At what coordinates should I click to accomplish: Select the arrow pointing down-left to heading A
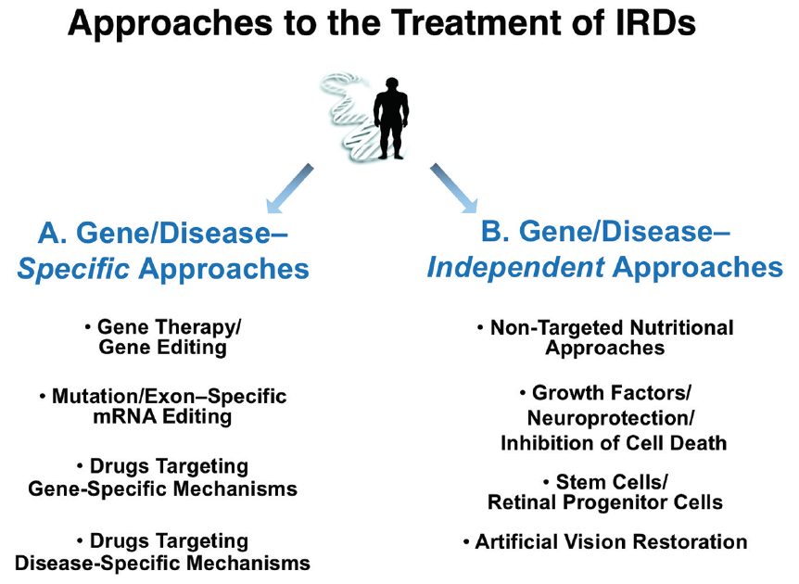288,188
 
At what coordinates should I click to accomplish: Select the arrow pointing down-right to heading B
454,188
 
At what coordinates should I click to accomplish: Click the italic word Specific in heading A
70,269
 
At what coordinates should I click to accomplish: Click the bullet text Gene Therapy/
169,328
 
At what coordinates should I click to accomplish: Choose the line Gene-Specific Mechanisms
162,489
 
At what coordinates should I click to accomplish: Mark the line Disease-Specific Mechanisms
162,563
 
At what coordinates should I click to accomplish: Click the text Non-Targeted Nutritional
612,328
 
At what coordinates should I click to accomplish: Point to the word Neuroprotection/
611,418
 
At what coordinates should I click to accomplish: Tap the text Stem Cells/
612,482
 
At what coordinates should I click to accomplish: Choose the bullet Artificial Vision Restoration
611,541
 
